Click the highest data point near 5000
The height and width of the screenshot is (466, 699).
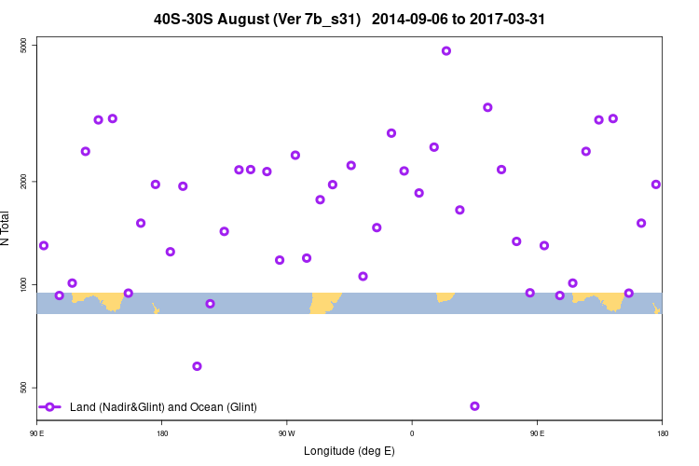click(x=446, y=51)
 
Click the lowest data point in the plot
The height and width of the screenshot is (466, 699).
click(x=475, y=406)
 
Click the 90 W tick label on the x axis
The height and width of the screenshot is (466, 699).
click(x=286, y=432)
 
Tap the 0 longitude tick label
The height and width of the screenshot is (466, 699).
click(x=412, y=432)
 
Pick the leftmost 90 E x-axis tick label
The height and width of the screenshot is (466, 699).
click(x=36, y=432)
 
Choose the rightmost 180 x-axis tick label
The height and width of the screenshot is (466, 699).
click(x=662, y=432)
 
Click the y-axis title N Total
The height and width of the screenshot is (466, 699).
click(x=8, y=228)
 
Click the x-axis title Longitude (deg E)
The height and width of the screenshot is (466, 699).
click(x=349, y=451)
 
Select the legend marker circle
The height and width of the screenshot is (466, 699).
click(x=50, y=407)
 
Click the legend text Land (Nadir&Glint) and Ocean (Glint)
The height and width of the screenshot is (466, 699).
click(x=163, y=407)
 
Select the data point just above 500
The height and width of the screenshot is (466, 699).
click(x=197, y=366)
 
